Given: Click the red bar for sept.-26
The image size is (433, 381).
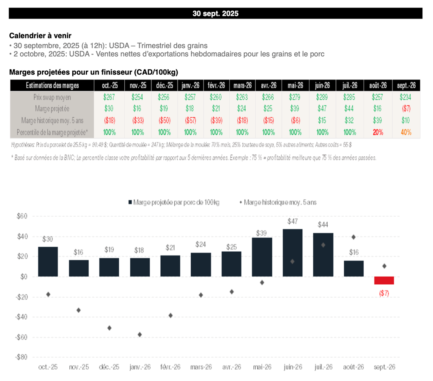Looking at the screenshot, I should coord(384,280).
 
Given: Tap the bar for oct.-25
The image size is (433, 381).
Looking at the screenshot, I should coord(48,261).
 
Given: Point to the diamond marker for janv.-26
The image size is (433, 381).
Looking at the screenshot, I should coord(140,335).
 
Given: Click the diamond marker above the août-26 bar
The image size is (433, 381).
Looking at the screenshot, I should coord(354,237).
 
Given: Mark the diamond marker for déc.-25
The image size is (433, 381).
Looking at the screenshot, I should coord(109,328).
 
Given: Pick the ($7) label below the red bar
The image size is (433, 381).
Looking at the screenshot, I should coord(384,293).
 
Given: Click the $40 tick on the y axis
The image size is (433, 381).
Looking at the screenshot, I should coord(22,236).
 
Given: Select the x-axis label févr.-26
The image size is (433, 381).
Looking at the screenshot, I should coord(170,367).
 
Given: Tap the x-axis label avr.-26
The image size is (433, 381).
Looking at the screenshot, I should coord(231,367).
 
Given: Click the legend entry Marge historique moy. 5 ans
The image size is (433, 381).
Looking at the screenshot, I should coord(280,202).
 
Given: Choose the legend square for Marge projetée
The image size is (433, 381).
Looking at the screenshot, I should coord(130,202).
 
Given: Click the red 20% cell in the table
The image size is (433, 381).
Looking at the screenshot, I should coord(378,132).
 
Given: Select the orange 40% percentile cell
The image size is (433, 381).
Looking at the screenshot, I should coord(406,132).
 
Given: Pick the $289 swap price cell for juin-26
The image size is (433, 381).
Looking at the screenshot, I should coord(323,97).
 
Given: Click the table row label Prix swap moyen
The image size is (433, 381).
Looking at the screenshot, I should coord(52,97).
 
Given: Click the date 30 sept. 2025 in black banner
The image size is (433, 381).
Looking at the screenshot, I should coord(215,14).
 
